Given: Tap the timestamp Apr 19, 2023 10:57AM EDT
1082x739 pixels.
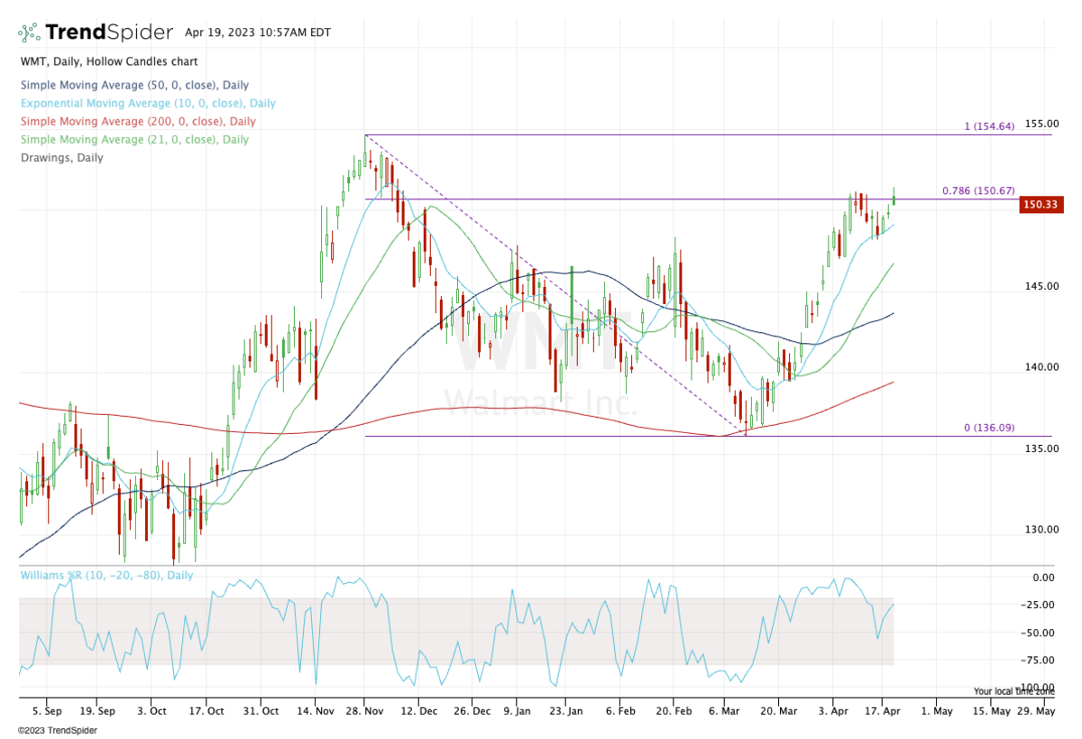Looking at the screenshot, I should [258, 32].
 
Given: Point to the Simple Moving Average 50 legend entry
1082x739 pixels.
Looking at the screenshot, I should [133, 86].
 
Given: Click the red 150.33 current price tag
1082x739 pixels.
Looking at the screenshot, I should [1041, 206].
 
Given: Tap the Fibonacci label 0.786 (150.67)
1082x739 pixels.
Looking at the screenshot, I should [978, 191].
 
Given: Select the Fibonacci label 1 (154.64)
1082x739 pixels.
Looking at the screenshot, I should [989, 126].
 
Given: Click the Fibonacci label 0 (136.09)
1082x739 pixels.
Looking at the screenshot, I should [989, 429].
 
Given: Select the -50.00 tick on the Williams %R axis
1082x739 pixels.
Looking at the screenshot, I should [1038, 633].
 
